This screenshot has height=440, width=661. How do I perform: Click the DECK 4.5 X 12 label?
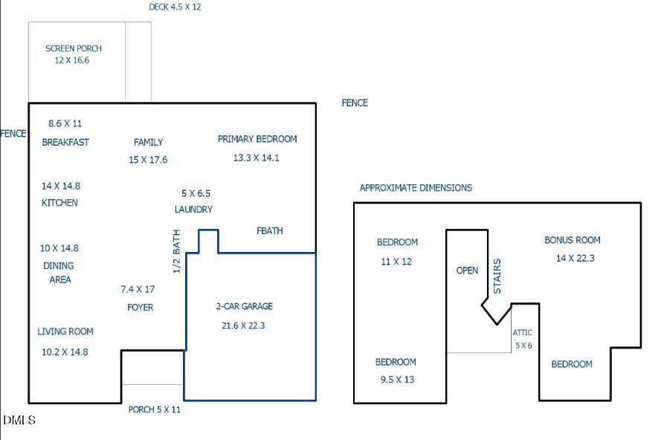coord(175,7)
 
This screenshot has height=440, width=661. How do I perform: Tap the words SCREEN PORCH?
coord(74,48)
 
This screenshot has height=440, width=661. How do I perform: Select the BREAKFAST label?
coord(65,142)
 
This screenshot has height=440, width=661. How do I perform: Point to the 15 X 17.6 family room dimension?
coord(148,160)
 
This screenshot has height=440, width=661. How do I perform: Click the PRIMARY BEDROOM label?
coord(257,139)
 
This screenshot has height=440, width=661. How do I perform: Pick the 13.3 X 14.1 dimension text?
coord(256,158)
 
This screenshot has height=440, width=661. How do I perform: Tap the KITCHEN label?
coord(59,203)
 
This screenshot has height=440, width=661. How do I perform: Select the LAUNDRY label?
coord(193,210)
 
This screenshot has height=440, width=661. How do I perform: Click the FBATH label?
coord(270,230)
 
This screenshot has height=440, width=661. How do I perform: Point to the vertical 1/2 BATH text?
coord(177,251)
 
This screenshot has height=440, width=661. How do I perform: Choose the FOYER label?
coord(141,307)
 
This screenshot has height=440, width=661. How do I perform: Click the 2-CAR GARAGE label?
coord(245,306)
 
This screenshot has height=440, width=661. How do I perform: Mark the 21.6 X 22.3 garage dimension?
coord(243,325)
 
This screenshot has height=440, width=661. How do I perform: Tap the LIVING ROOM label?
coord(65,331)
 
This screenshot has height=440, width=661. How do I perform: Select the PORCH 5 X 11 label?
coord(155,409)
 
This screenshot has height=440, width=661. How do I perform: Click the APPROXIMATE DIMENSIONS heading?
coord(416,188)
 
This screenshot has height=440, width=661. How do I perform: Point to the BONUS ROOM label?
coord(573,240)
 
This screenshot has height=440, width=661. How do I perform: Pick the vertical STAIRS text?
coord(497,276)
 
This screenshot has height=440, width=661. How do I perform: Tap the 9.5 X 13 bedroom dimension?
coord(395,380)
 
